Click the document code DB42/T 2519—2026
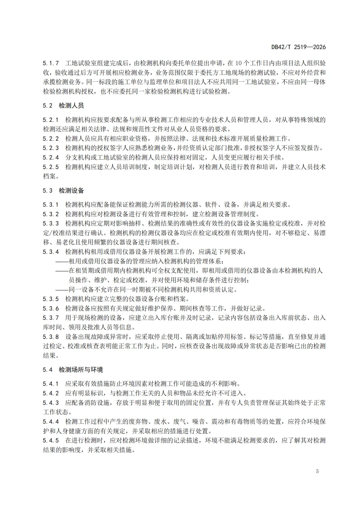[x=298, y=47]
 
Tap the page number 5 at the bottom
[x=317, y=471]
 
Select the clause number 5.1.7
[x=51, y=63]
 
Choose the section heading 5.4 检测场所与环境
[x=73, y=370]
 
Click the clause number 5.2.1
[x=51, y=120]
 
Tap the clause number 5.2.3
[x=51, y=148]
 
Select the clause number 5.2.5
[x=51, y=167]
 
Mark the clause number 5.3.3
[x=51, y=223]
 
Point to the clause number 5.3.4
[x=51, y=252]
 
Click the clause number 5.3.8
[x=51, y=337]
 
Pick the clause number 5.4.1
[x=51, y=384]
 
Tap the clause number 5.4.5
[x=51, y=440]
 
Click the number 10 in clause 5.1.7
[x=239, y=63]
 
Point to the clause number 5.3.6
[x=51, y=308]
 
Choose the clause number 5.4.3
[x=51, y=403]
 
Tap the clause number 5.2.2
[x=51, y=138]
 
